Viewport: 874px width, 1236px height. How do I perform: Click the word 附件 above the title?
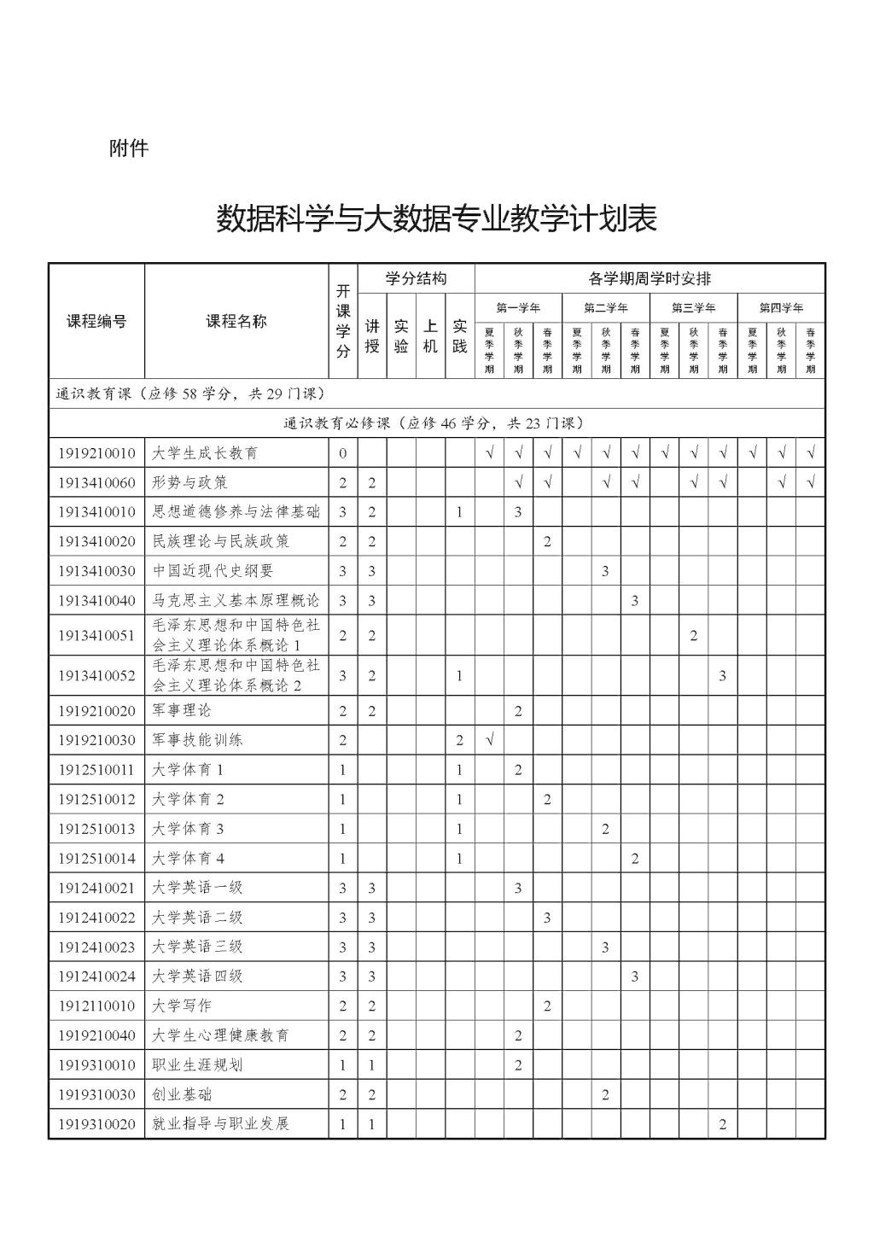click(x=129, y=149)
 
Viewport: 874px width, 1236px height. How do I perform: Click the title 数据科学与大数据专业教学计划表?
click(x=436, y=219)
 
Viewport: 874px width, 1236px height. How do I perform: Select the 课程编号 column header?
click(x=96, y=322)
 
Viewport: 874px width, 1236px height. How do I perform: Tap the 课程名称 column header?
click(x=236, y=322)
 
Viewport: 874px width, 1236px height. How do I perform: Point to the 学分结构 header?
click(x=416, y=278)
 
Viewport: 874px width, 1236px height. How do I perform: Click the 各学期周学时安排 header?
click(x=650, y=278)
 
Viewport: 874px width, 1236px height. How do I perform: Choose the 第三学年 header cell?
click(x=693, y=307)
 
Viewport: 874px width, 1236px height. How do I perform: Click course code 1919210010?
click(x=96, y=453)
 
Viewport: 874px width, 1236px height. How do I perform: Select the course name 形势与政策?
click(x=190, y=483)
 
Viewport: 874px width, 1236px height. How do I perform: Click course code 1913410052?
click(x=96, y=676)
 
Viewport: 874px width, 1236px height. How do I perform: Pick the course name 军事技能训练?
click(x=197, y=740)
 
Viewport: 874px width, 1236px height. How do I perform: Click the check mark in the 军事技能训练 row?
click(x=490, y=740)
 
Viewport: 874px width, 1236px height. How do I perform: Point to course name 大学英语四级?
click(x=197, y=976)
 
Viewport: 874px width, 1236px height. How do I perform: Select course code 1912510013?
click(x=96, y=829)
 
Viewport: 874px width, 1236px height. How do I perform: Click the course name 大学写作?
click(x=182, y=1006)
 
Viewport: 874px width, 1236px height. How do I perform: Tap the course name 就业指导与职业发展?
click(x=221, y=1123)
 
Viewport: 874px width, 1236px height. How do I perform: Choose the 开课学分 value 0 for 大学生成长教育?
click(x=343, y=453)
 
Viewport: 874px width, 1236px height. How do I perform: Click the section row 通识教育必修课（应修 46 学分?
click(x=436, y=423)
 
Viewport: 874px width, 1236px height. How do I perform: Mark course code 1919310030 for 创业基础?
click(x=96, y=1094)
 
